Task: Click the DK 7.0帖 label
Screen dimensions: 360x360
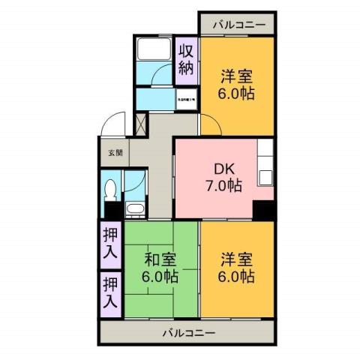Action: (x=223, y=175)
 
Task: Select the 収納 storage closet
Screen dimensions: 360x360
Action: (x=186, y=60)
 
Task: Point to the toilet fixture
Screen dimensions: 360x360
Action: (x=110, y=190)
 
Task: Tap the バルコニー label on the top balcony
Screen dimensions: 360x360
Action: (x=238, y=25)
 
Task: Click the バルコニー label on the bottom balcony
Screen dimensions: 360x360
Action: (x=188, y=332)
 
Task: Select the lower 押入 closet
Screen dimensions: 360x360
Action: (x=110, y=292)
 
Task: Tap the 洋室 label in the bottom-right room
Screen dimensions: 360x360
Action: (x=236, y=259)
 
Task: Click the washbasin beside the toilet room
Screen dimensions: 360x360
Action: (x=136, y=208)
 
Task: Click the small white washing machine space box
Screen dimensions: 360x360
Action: (x=187, y=98)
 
